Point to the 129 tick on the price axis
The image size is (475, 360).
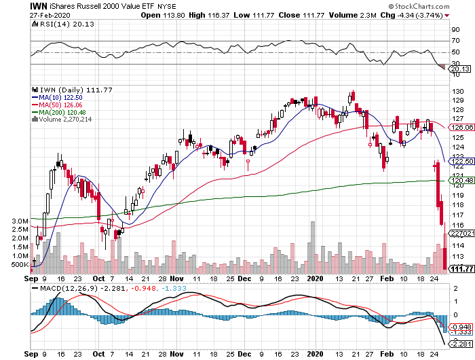tap(457, 101)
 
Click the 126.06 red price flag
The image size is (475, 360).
tap(461, 127)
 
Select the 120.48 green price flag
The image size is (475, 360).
tap(461, 180)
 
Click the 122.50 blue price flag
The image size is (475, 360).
tap(461, 160)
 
